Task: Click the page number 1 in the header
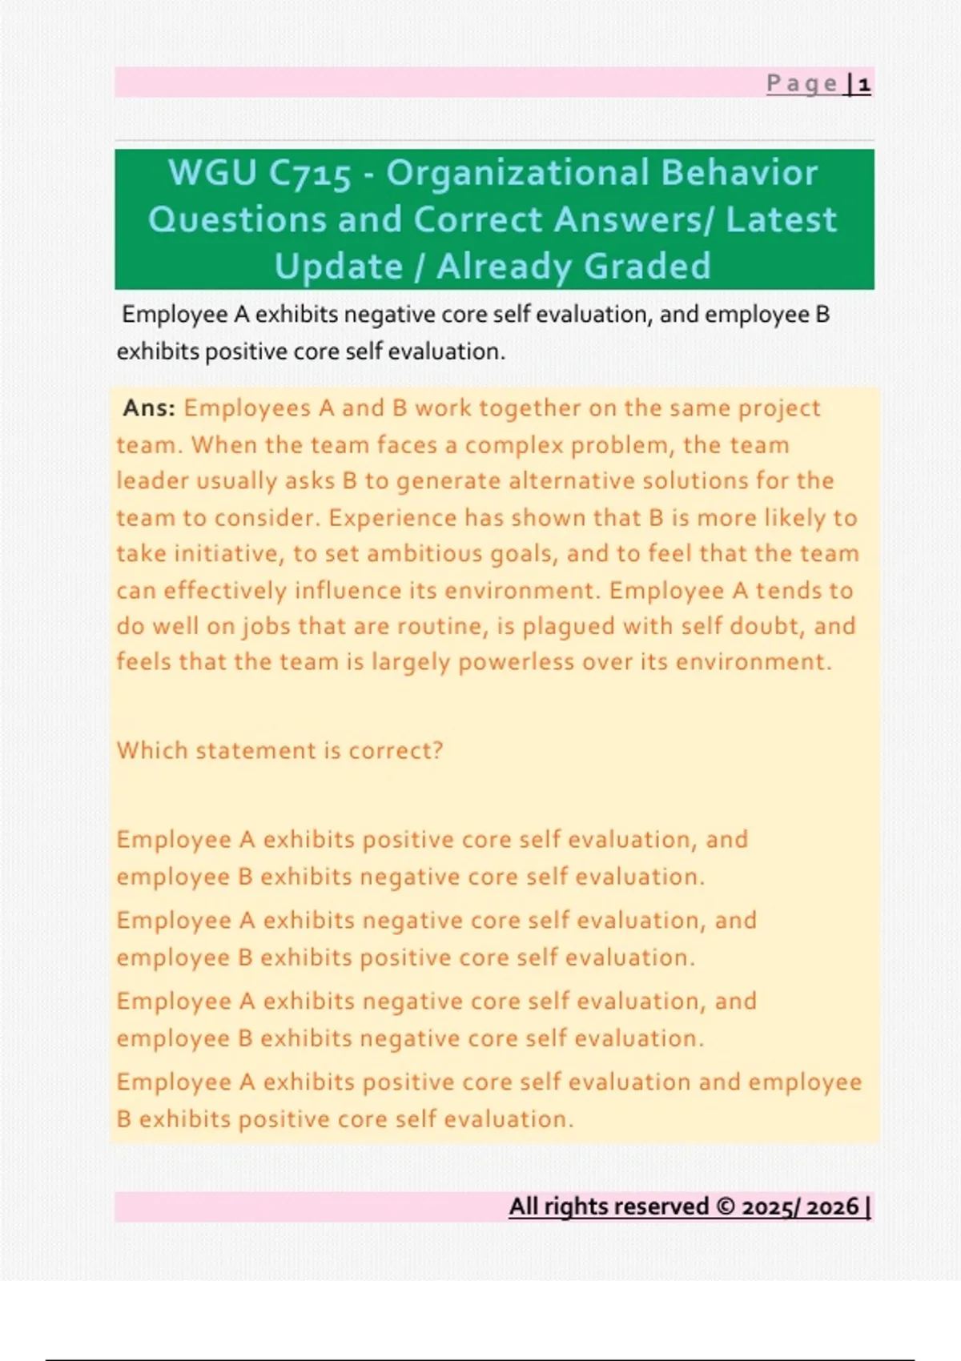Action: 864,83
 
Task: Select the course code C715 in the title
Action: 310,174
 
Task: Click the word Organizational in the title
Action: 517,174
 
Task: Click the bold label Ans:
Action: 149,408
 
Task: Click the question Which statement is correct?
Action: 279,751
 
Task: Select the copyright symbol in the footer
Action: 726,1206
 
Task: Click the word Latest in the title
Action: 781,220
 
